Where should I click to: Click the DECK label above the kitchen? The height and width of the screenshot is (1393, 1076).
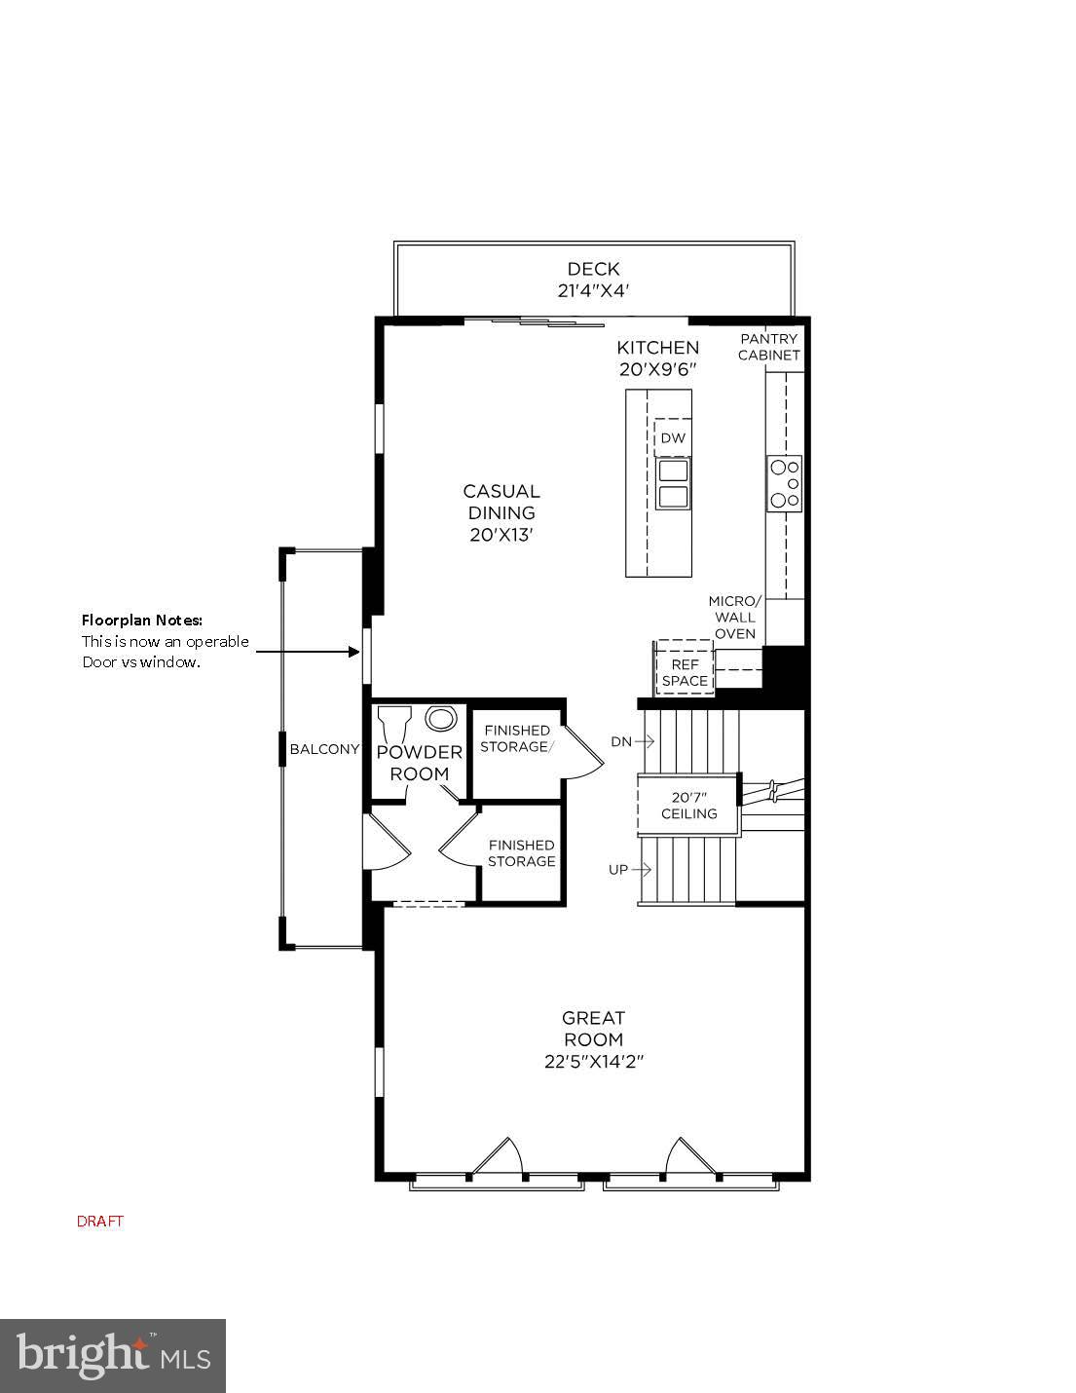click(593, 269)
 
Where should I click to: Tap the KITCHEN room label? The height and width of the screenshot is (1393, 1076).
click(657, 348)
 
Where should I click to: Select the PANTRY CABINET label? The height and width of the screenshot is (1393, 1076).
click(768, 347)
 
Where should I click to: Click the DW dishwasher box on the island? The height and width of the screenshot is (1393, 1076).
click(673, 438)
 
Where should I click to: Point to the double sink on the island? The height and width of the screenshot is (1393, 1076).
click(673, 484)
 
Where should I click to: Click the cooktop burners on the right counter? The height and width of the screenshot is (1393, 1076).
click(785, 483)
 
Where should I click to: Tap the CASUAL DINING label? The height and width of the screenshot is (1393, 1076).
click(501, 502)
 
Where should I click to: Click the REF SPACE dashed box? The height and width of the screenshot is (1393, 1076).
click(685, 668)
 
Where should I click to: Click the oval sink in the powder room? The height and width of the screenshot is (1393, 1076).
click(442, 720)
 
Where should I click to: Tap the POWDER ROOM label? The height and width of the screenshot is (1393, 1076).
click(420, 763)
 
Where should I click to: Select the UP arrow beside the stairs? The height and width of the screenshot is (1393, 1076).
click(630, 870)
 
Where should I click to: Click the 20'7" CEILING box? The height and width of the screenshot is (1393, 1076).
click(688, 805)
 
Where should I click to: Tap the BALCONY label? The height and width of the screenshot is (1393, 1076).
click(324, 749)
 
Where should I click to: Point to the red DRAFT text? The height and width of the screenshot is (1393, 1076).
click(100, 1222)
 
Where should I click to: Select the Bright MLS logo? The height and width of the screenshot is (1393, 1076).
click(113, 1356)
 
